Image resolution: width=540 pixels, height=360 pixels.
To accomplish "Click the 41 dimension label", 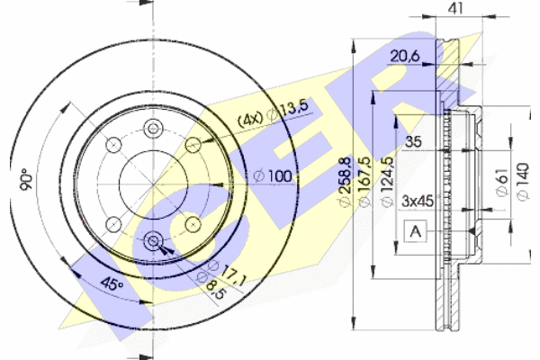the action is pos(455,8).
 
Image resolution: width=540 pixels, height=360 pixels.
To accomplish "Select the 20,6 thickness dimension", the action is pos(405,56).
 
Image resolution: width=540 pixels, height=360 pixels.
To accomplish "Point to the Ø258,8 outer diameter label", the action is pos(345,182).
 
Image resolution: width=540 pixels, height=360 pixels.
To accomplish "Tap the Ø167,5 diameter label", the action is pos(364,182).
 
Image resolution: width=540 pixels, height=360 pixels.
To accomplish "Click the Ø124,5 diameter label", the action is pos(387,182).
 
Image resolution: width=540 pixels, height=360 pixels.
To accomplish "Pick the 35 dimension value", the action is pos(413,141).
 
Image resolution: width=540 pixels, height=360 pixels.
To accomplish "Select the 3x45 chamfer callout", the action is pos(418,201).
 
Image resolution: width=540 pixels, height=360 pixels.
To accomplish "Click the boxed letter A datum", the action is pos(416,231).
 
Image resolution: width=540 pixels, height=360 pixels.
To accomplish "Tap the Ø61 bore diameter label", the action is pos(502,182).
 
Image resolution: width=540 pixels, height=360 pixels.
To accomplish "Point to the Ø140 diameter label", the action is pos(522,182).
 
